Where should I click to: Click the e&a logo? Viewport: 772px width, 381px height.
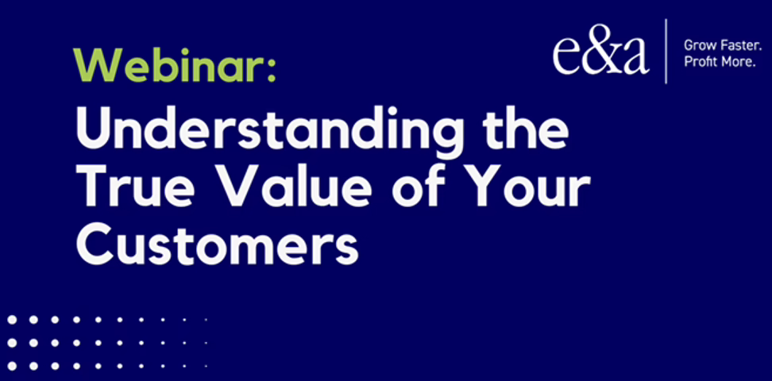[x=600, y=55]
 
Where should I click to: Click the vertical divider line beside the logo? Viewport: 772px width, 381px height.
[x=666, y=51]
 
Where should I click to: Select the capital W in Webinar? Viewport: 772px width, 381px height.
[x=98, y=65]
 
